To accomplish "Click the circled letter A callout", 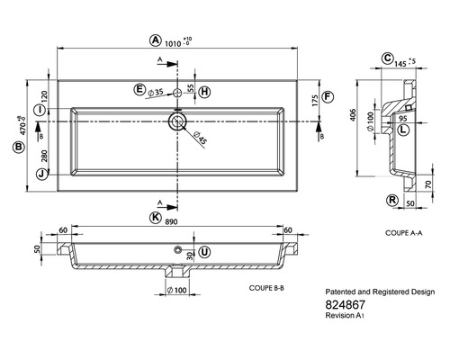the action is tap(155, 40).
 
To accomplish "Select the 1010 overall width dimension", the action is tap(173, 44).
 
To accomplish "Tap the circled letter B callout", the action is tap(19, 148).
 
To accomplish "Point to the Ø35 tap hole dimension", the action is tap(156, 93).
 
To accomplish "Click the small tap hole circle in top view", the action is tap(177, 93).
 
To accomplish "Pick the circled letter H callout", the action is tap(204, 92).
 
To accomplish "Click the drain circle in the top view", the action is tap(177, 121).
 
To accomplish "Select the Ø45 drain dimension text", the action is tap(200, 138).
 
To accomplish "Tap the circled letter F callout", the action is tap(328, 97).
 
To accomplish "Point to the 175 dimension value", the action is tap(315, 101).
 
